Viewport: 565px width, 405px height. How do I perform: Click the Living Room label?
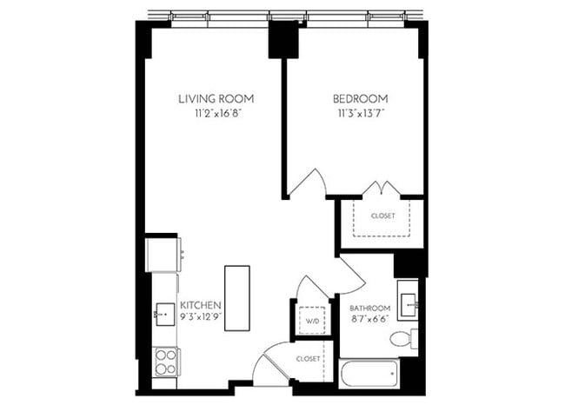(216, 98)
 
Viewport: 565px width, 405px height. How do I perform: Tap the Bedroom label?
(360, 98)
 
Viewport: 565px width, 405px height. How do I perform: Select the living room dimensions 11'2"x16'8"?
(216, 113)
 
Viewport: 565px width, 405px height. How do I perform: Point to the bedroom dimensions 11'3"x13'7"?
(360, 113)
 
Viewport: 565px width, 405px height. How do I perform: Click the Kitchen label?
(201, 305)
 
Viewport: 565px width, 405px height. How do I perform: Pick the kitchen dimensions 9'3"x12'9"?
(201, 318)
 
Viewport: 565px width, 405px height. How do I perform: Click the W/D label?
(311, 320)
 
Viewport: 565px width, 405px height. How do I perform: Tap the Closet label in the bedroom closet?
(382, 216)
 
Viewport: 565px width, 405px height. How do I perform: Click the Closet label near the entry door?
(309, 358)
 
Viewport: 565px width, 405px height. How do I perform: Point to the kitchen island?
(236, 297)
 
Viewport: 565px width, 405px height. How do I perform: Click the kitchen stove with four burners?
(165, 361)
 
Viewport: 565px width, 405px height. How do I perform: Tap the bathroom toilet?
(403, 338)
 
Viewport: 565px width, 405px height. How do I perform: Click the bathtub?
(369, 373)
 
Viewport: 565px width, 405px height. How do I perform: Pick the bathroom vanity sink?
(408, 302)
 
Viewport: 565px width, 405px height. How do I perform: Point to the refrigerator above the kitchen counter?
(163, 254)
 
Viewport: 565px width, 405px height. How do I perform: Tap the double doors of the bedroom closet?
(381, 189)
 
